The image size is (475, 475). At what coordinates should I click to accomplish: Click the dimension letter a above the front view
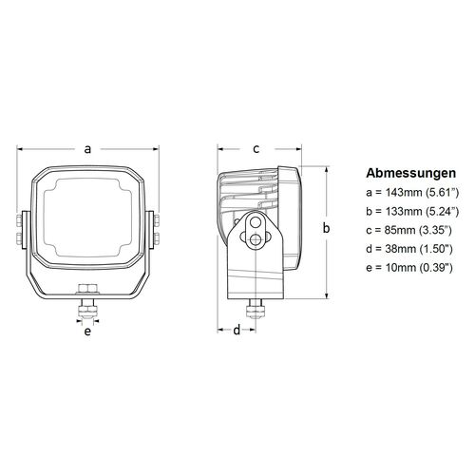(x=87, y=148)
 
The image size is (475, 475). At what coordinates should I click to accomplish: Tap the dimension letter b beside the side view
(x=326, y=228)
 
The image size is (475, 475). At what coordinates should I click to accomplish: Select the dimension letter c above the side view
(x=256, y=148)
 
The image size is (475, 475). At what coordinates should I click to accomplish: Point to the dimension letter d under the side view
(x=236, y=331)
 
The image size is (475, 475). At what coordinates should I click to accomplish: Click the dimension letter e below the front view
(x=87, y=332)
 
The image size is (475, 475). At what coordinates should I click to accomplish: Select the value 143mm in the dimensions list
(x=397, y=193)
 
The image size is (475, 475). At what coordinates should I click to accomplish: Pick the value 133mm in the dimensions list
(x=397, y=211)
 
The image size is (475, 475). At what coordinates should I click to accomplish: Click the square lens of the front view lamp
(x=87, y=217)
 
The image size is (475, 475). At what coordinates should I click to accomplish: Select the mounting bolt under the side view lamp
(x=254, y=310)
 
